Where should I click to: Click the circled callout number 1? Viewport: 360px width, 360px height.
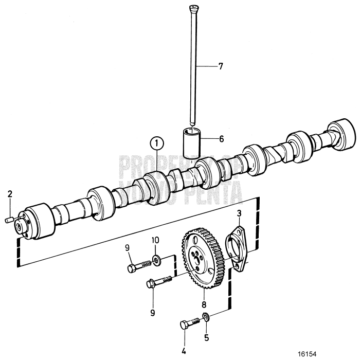157,142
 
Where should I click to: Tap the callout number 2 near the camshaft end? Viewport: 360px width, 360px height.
9,194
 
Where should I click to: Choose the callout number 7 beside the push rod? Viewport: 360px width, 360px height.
221,66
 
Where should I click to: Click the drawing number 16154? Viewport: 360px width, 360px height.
308,354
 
